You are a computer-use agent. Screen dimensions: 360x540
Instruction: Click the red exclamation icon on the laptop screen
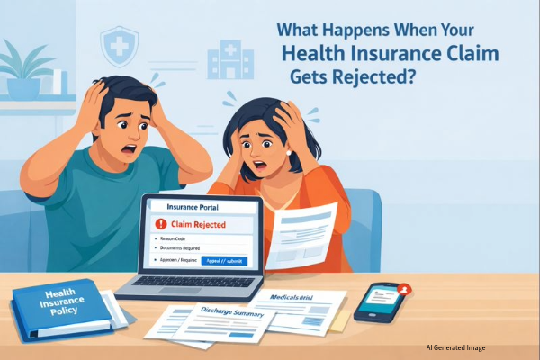pos(162,223)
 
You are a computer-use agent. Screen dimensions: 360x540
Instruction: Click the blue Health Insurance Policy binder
pos(60,310)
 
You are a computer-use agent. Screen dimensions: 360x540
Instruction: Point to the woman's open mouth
pos(267,165)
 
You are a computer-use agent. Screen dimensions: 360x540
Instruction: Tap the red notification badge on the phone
pos(405,289)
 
